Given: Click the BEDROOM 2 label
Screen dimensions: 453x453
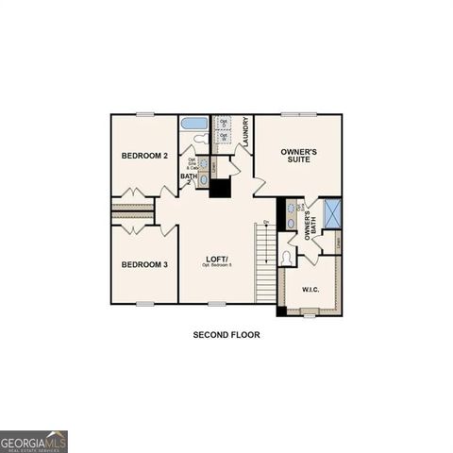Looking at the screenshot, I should tap(144, 155).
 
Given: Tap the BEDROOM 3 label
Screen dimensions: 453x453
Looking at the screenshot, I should tap(144, 264).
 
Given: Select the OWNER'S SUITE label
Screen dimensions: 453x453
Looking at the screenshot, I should tap(297, 156).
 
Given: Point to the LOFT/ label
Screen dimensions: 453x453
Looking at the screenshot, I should tap(218, 259).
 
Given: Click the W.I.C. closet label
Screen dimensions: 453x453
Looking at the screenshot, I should tap(310, 289).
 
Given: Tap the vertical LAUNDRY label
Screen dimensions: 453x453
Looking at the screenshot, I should tap(245, 131).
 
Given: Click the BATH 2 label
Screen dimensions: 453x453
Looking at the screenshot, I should tap(189, 176).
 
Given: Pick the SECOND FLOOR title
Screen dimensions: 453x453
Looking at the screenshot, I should tap(226, 335).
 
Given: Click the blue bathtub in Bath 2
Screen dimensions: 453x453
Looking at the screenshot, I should tap(193, 123).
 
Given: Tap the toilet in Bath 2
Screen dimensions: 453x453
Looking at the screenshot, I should tap(200, 140).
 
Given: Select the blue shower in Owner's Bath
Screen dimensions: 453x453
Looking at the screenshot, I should tap(331, 213).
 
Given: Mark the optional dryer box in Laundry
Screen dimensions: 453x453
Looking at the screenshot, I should tap(224, 123).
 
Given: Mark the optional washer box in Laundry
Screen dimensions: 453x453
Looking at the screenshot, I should tap(224, 139).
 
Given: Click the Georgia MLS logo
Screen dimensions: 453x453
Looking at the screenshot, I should tap(34, 441).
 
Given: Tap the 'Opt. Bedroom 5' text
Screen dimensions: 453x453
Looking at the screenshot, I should tap(218, 266).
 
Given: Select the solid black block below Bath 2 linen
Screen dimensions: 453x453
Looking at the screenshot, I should tap(219, 188).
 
